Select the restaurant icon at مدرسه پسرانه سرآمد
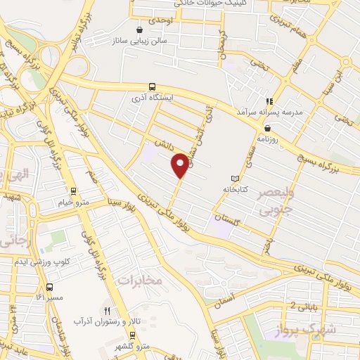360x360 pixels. pos(268,101)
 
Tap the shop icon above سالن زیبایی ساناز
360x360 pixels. pos(139,30)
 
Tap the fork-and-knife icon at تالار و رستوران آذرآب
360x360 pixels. pos(108,309)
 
